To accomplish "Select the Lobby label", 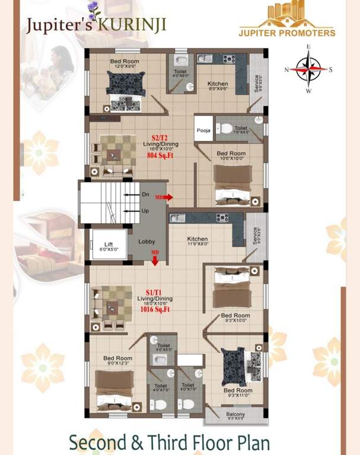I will [147, 242].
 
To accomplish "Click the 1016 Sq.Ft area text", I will [155, 309].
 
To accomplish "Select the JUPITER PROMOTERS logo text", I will [286, 33].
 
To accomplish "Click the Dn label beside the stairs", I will [145, 194].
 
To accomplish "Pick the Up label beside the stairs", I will [145, 211].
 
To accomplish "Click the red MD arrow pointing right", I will [165, 197].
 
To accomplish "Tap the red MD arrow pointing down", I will [155, 258].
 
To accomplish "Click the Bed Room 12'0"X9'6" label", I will [125, 64].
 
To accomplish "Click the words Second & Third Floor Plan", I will [169, 443].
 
